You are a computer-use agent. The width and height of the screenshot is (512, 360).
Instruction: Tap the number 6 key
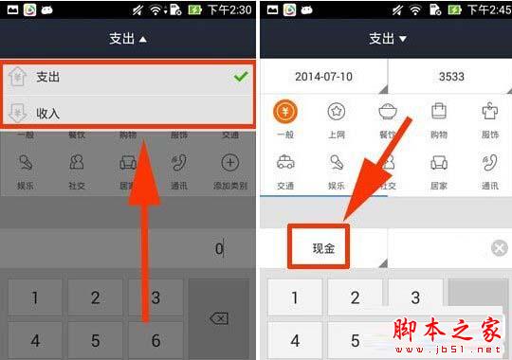[155, 339]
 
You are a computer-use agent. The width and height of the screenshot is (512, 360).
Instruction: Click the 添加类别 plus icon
[230, 163]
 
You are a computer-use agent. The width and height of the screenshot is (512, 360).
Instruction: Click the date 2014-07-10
[323, 76]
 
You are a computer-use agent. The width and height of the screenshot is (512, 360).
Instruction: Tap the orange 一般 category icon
[284, 112]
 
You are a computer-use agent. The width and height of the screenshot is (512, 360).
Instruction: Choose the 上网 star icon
[336, 112]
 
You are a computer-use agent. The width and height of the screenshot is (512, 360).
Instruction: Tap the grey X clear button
[499, 248]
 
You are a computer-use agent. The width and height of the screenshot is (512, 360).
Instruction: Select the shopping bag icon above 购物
[439, 112]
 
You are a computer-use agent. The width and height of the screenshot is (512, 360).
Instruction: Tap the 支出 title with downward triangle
[388, 39]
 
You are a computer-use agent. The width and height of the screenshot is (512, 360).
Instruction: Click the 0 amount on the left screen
[218, 249]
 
